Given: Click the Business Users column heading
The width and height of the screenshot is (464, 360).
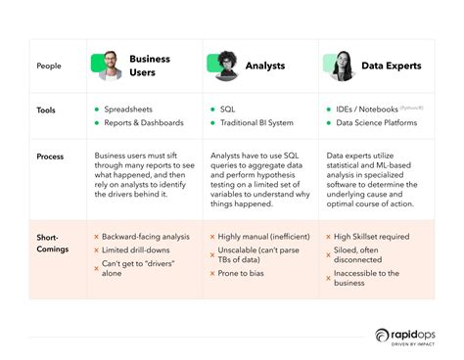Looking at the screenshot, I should pos(149,66).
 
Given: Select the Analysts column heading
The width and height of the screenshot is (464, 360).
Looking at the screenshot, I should pos(265,66).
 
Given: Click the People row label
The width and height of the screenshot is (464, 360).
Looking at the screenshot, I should pos(49,66).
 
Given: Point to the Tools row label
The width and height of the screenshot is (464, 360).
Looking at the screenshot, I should pos(46,111).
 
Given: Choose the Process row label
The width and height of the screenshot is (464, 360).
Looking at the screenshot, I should pos(51,157).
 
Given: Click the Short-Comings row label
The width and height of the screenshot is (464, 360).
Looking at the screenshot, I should pos(51,243).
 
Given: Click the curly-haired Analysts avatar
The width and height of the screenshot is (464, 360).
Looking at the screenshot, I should pos(225,65).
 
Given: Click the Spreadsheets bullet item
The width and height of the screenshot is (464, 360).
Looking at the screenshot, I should pos(134,110).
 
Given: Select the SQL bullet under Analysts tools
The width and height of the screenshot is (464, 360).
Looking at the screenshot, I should pos(229,110).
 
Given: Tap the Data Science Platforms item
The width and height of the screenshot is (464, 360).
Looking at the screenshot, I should pos(377,123).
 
